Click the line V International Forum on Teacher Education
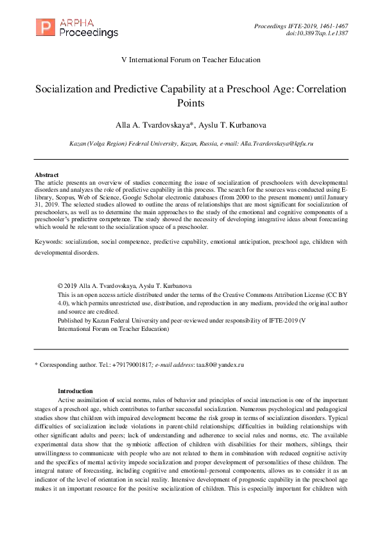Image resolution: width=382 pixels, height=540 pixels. click(191, 60)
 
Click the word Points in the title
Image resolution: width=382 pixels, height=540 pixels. click(191, 103)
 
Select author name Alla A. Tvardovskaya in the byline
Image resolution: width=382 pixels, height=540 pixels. click(157, 125)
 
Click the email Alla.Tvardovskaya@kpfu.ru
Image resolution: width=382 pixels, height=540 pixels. click(279, 145)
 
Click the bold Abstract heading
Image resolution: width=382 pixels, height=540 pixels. click(46, 175)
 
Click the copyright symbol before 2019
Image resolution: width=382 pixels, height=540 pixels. click(60, 285)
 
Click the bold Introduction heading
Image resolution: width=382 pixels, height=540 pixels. click(75, 391)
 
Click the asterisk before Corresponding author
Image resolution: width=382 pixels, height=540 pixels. click(36, 364)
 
